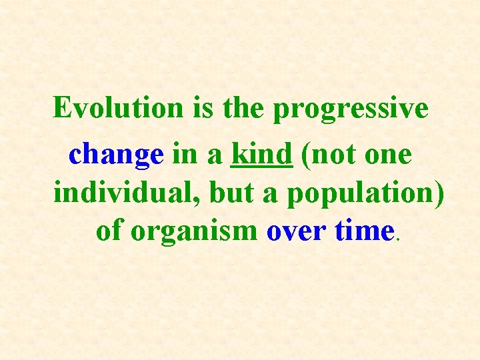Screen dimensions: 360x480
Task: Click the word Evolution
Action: (117, 107)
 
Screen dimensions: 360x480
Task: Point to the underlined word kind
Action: (261, 155)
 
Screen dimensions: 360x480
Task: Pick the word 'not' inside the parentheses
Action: (331, 155)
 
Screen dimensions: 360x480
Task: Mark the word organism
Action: (194, 232)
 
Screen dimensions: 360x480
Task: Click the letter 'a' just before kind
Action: (214, 157)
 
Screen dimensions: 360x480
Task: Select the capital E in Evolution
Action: (63, 107)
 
